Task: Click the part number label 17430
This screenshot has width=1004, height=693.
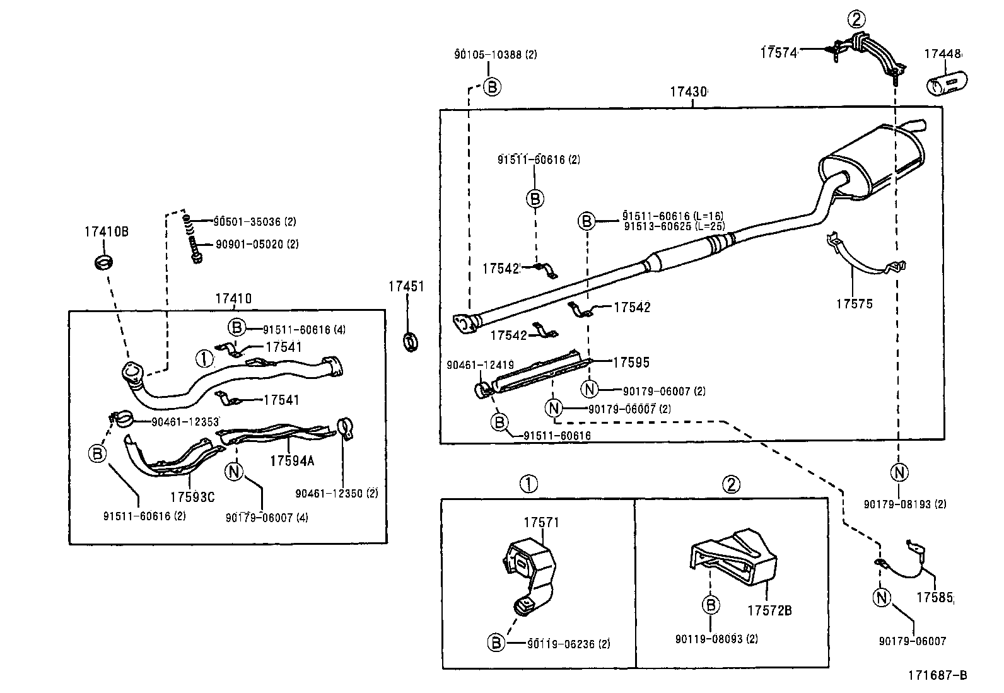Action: (x=688, y=92)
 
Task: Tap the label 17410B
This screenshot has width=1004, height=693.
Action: (x=106, y=231)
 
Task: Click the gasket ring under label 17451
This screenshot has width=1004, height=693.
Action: (x=411, y=341)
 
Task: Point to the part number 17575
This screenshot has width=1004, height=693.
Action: (x=855, y=304)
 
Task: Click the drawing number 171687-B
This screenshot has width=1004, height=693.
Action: (x=937, y=675)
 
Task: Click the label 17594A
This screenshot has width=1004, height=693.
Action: (x=291, y=461)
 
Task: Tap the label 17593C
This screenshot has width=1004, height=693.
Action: (x=192, y=497)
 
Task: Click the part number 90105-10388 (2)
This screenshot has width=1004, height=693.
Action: (x=495, y=55)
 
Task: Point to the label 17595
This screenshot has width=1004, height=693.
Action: (x=631, y=362)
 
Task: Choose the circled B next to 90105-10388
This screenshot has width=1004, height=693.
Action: (x=492, y=86)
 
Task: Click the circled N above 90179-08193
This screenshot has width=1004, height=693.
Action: (x=899, y=472)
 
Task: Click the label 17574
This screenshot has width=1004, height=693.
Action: (x=778, y=53)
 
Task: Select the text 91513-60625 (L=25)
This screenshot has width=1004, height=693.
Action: (x=674, y=226)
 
